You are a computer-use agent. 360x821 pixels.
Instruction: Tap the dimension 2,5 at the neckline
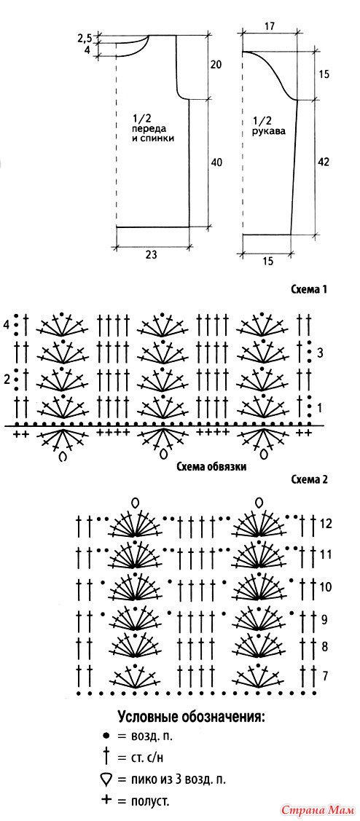[85, 38]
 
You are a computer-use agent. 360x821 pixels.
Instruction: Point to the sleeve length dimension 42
[324, 162]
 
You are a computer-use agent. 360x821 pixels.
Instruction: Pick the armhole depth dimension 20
[216, 65]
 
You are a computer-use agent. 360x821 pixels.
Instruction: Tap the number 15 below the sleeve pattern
[267, 262]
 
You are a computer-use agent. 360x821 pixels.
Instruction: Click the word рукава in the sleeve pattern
[273, 131]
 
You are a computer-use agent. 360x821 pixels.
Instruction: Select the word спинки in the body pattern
[160, 138]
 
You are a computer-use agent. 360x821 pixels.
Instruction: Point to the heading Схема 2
[308, 480]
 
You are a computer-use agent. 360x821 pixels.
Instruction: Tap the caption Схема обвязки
[212, 466]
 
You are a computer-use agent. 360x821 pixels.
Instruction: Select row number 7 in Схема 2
[326, 675]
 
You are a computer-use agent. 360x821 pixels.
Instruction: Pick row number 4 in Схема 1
[7, 325]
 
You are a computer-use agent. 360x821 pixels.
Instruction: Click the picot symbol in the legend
[106, 781]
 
